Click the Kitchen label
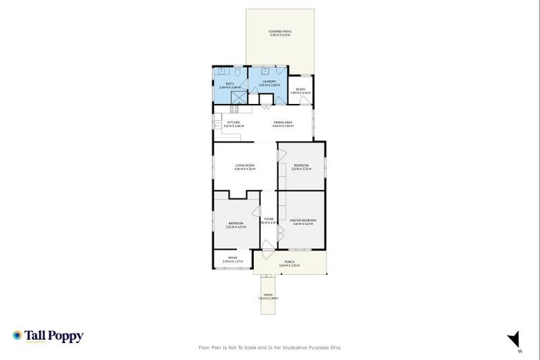233,123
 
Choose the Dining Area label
283,123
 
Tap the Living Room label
245,167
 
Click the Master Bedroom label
303,221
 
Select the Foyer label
269,220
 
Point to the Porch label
290,264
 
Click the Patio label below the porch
268,296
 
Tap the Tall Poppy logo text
54,336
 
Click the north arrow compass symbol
514,340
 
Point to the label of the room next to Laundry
301,91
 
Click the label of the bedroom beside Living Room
301,167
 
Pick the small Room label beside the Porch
233,259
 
